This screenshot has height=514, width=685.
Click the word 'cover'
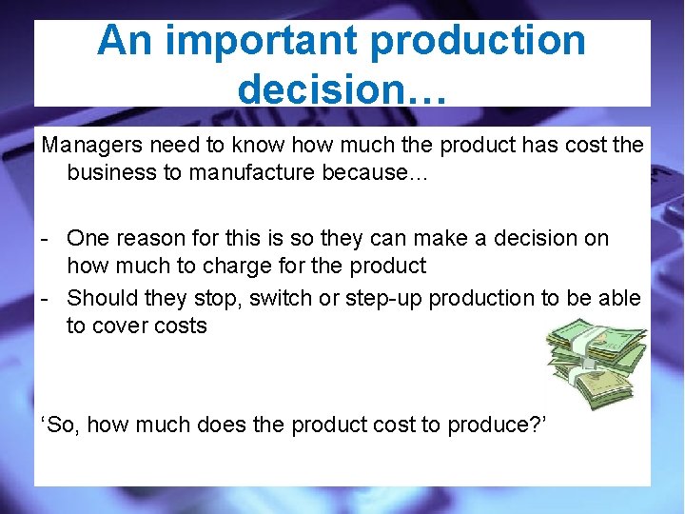[122, 326]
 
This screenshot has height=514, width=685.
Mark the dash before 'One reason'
[45, 238]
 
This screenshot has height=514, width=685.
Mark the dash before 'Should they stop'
[45, 298]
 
